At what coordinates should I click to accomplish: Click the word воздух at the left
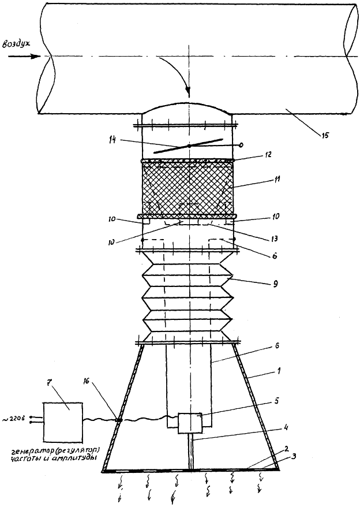(21, 44)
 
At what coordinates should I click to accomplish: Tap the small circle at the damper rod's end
(241, 145)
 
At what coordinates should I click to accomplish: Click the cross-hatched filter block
(188, 188)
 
